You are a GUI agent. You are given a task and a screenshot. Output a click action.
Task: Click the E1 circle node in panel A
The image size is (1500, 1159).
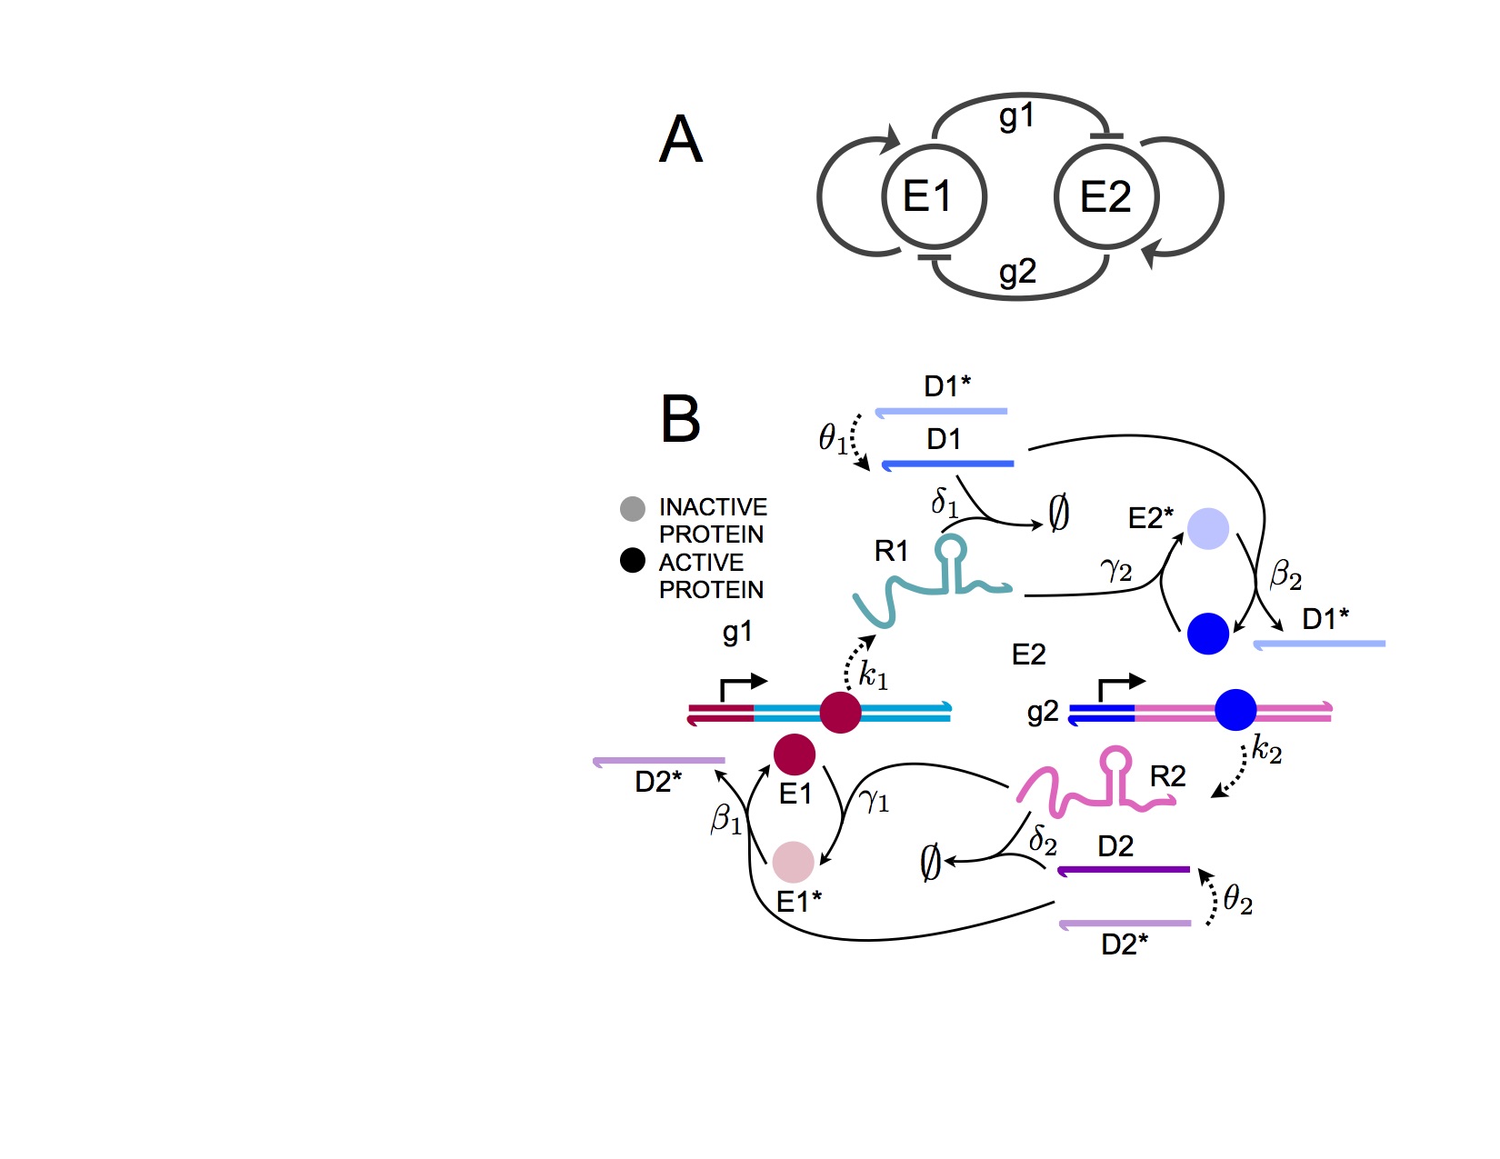(x=934, y=196)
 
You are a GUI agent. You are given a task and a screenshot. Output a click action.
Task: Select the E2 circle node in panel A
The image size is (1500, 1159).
(x=1105, y=196)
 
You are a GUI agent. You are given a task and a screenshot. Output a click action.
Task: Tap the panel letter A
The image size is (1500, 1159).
(x=681, y=140)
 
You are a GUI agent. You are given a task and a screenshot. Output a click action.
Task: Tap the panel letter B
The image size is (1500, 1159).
(x=681, y=419)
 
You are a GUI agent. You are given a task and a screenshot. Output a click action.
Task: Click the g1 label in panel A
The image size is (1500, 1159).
(x=1016, y=116)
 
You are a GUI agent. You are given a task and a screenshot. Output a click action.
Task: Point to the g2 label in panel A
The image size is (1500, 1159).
(x=1017, y=272)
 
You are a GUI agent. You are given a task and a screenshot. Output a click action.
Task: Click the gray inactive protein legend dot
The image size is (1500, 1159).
(x=633, y=508)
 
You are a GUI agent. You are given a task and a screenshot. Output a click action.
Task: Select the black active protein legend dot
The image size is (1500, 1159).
(x=633, y=560)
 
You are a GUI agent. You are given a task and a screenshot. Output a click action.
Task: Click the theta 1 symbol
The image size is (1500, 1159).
(x=833, y=439)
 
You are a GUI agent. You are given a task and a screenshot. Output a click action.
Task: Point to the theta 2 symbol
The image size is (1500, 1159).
(x=1237, y=901)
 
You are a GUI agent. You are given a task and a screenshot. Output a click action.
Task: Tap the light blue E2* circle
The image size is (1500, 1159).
(x=1208, y=528)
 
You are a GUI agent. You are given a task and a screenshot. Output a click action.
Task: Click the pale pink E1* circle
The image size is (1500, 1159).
(x=793, y=862)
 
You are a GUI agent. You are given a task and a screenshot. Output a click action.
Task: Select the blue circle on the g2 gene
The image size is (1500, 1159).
(x=1235, y=710)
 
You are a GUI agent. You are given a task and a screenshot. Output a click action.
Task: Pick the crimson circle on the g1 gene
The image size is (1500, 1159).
(x=840, y=713)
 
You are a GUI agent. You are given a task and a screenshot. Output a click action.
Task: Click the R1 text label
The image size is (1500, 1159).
(x=891, y=551)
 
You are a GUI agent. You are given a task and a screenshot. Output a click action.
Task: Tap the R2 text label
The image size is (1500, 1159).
(x=1167, y=776)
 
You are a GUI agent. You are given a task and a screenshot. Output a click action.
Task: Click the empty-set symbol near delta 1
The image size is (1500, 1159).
(x=1058, y=514)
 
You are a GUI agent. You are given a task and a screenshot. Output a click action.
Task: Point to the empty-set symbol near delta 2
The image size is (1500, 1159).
(x=930, y=862)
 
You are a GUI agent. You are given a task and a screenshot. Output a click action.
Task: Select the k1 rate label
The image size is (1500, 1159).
(x=873, y=675)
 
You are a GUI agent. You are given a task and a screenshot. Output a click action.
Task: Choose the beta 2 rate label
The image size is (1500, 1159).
(x=1285, y=575)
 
